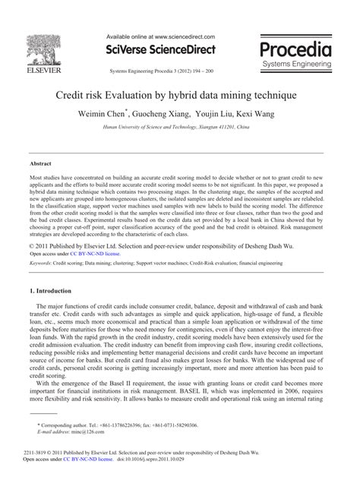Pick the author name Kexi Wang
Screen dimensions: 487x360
(254, 114)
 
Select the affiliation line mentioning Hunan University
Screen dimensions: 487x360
(180, 129)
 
